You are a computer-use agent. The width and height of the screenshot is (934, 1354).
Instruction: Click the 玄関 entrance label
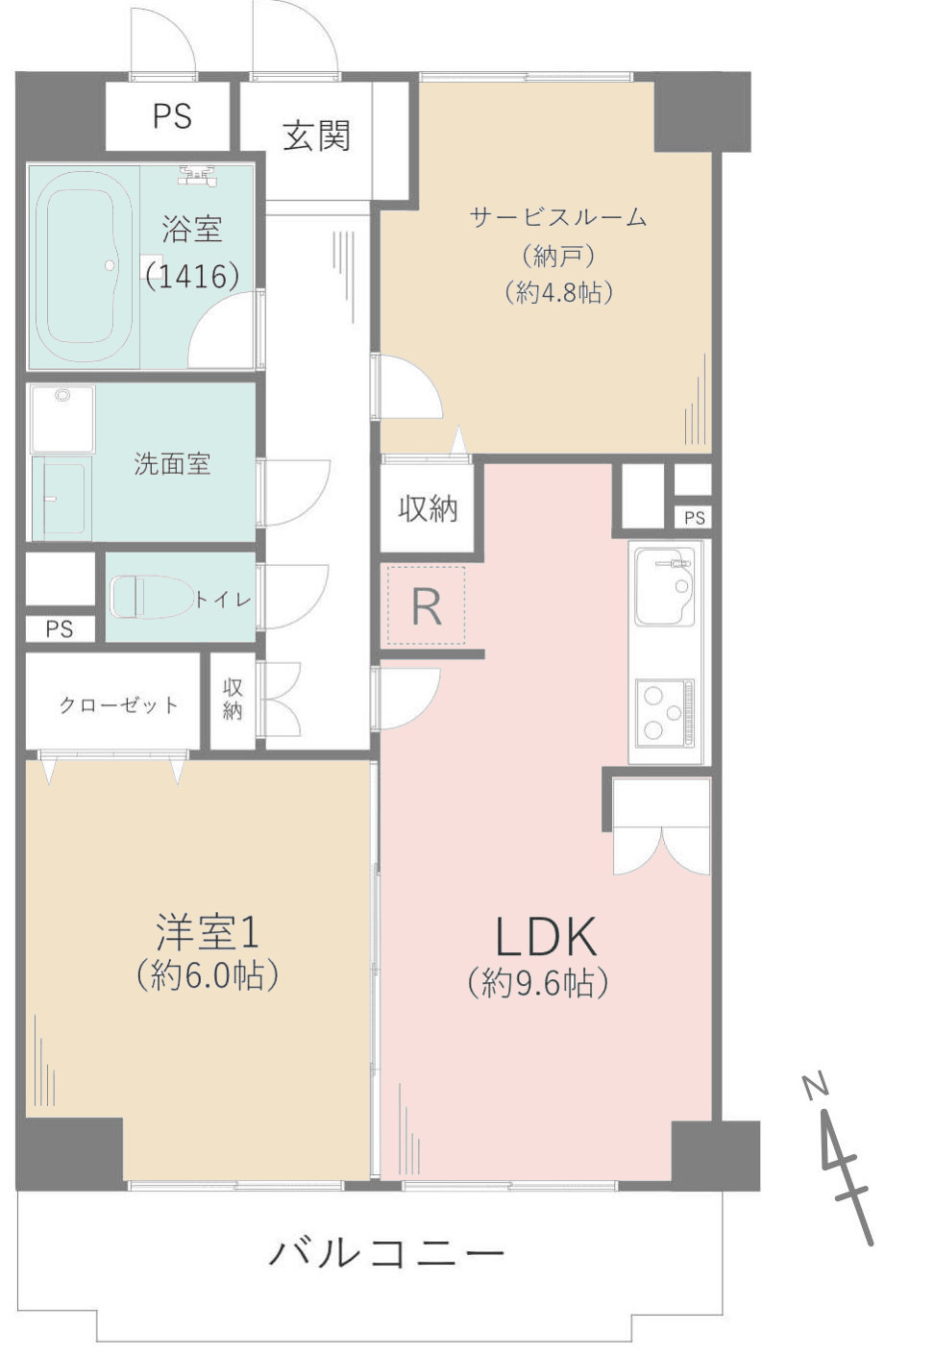(316, 136)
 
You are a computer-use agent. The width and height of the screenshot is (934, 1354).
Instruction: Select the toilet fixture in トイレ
(150, 598)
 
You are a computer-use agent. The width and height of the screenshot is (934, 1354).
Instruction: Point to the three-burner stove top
(665, 711)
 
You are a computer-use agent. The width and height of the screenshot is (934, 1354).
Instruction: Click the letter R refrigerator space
(426, 606)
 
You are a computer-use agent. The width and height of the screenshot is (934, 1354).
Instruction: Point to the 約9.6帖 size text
(538, 983)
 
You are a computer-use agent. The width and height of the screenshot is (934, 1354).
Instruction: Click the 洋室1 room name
(208, 932)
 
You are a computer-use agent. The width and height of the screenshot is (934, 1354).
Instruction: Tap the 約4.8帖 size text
(558, 292)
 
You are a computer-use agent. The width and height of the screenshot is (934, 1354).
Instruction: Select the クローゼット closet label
(118, 705)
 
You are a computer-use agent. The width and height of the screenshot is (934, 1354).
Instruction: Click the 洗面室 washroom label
(172, 465)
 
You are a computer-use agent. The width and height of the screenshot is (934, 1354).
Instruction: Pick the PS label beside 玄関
(172, 116)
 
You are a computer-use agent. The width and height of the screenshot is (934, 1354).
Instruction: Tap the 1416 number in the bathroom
(192, 277)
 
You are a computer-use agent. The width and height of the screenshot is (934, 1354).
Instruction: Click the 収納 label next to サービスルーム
(428, 508)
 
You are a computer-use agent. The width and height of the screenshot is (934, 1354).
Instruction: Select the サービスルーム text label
(558, 217)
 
